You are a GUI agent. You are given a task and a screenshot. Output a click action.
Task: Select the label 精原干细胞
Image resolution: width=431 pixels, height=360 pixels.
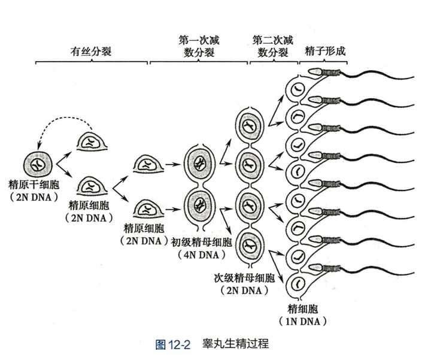pos(31,183)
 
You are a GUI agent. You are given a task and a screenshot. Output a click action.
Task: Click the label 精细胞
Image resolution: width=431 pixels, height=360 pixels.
pos(303,309)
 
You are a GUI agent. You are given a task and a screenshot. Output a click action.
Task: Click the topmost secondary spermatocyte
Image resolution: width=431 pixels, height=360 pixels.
pos(248,127)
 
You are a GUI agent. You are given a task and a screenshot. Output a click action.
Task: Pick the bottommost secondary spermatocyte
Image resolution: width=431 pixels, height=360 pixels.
pos(248,245)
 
